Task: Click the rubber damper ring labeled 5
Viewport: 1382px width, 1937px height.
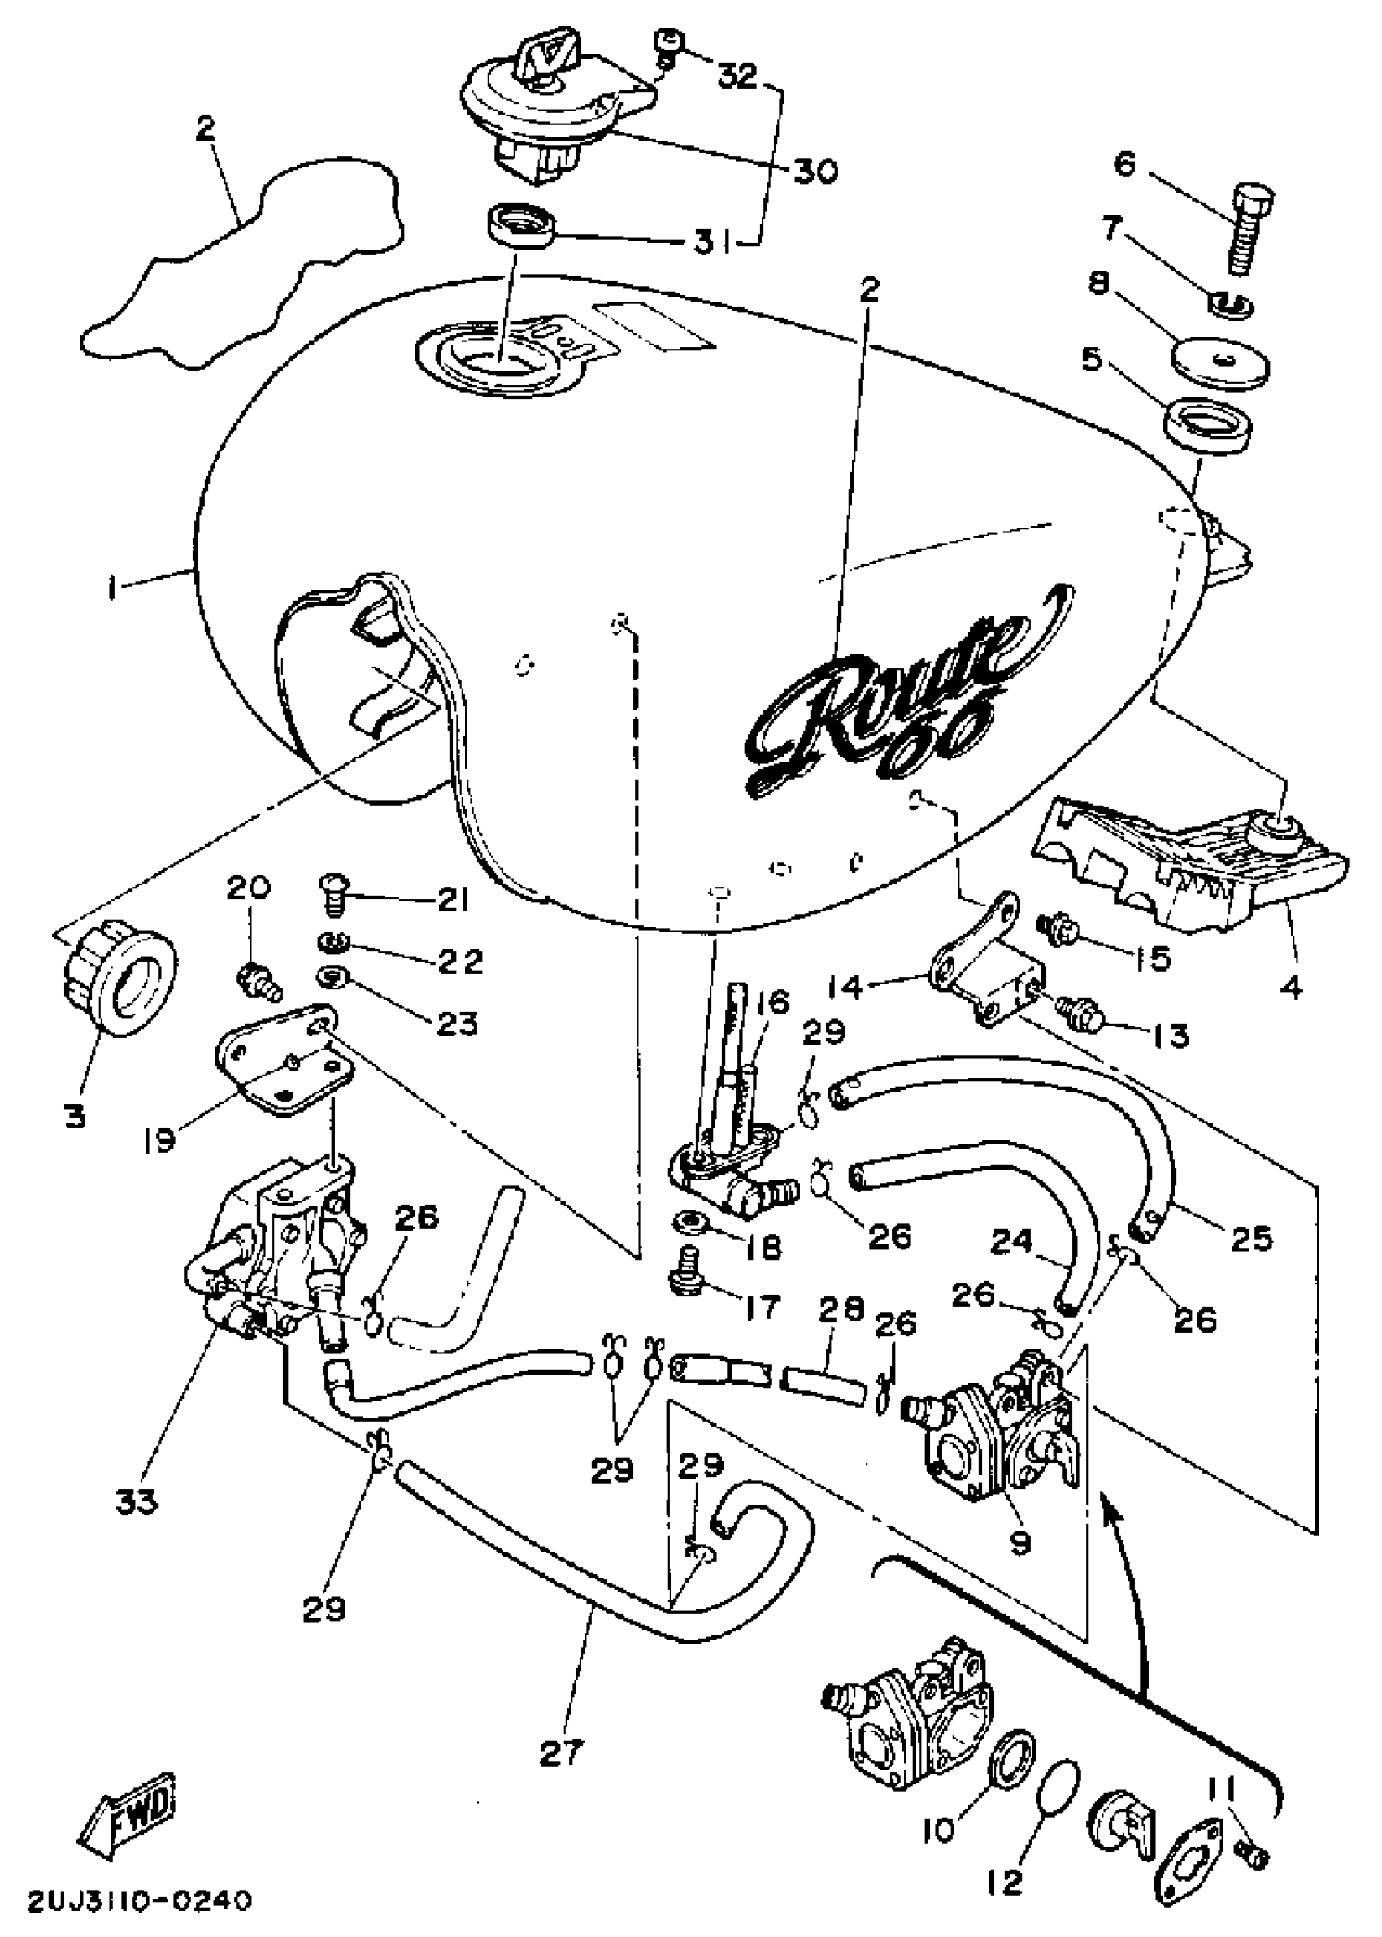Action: tap(1207, 424)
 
